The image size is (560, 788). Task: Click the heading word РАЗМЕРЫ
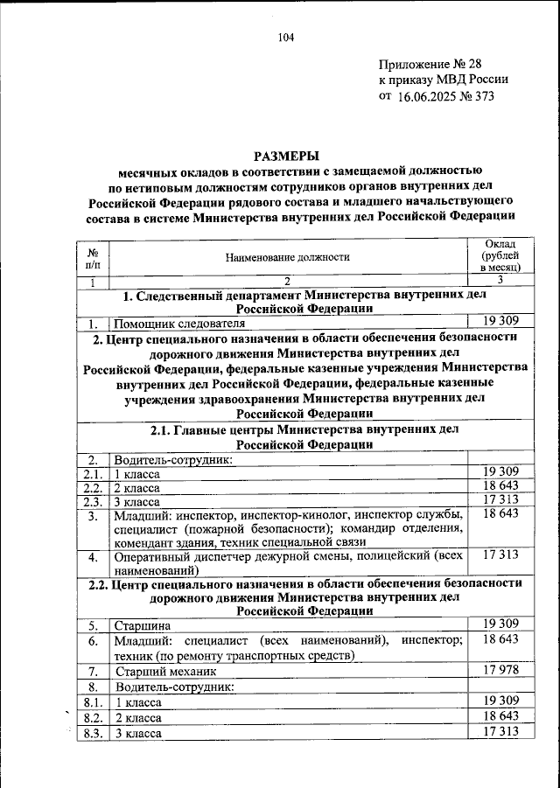coord(286,155)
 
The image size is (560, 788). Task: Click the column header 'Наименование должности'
coord(287,256)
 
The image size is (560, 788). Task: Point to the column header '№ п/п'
coord(93,256)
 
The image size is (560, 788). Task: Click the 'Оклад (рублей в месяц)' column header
coord(501,255)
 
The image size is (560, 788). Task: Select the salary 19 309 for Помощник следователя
coord(501,321)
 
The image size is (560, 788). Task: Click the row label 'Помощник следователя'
coord(174,324)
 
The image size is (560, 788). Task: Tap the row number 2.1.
coord(93,474)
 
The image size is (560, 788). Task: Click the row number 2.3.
coord(93,502)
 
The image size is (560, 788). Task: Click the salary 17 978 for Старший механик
coord(501,670)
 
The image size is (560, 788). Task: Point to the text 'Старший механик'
coord(164,672)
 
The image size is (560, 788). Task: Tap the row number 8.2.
coord(93,717)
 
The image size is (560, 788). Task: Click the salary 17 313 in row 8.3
coord(501,731)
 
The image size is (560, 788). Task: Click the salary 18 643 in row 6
coord(501,640)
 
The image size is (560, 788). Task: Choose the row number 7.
coord(93,672)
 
